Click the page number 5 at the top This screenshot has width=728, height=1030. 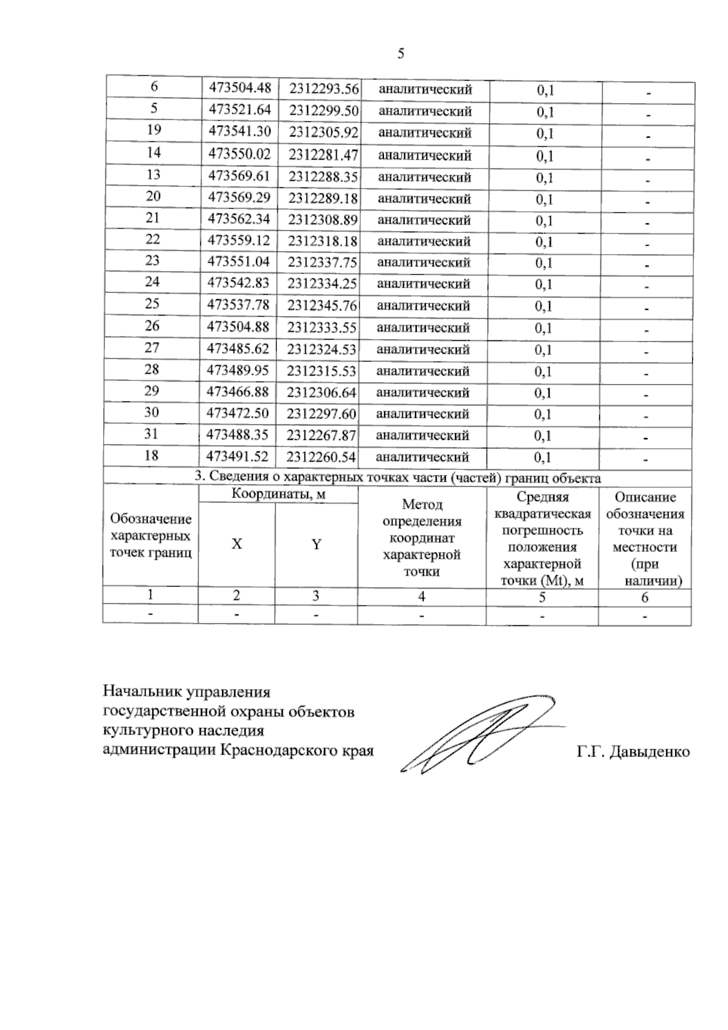pyautogui.click(x=400, y=54)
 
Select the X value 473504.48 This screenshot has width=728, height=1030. pyautogui.click(x=240, y=87)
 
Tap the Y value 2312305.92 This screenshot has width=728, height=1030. pyautogui.click(x=323, y=132)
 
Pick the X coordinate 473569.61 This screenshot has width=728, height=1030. pyautogui.click(x=239, y=176)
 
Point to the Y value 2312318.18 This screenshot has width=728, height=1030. pyautogui.click(x=323, y=241)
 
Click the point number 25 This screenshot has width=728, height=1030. pyautogui.click(x=152, y=304)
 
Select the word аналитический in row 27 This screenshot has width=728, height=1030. pyautogui.click(x=423, y=349)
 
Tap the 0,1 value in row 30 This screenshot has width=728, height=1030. pyautogui.click(x=543, y=415)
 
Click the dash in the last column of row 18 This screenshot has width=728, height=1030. pyautogui.click(x=646, y=459)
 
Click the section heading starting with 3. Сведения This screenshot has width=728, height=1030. pyautogui.click(x=398, y=478)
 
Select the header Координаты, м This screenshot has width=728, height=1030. pyautogui.click(x=278, y=494)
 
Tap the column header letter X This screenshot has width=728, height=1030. pyautogui.click(x=237, y=544)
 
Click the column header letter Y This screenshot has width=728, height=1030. pyautogui.click(x=316, y=544)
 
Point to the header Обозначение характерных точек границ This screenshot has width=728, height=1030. pyautogui.click(x=150, y=536)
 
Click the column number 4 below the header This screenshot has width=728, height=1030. pyautogui.click(x=422, y=597)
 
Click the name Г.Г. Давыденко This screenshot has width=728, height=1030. pyautogui.click(x=633, y=752)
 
